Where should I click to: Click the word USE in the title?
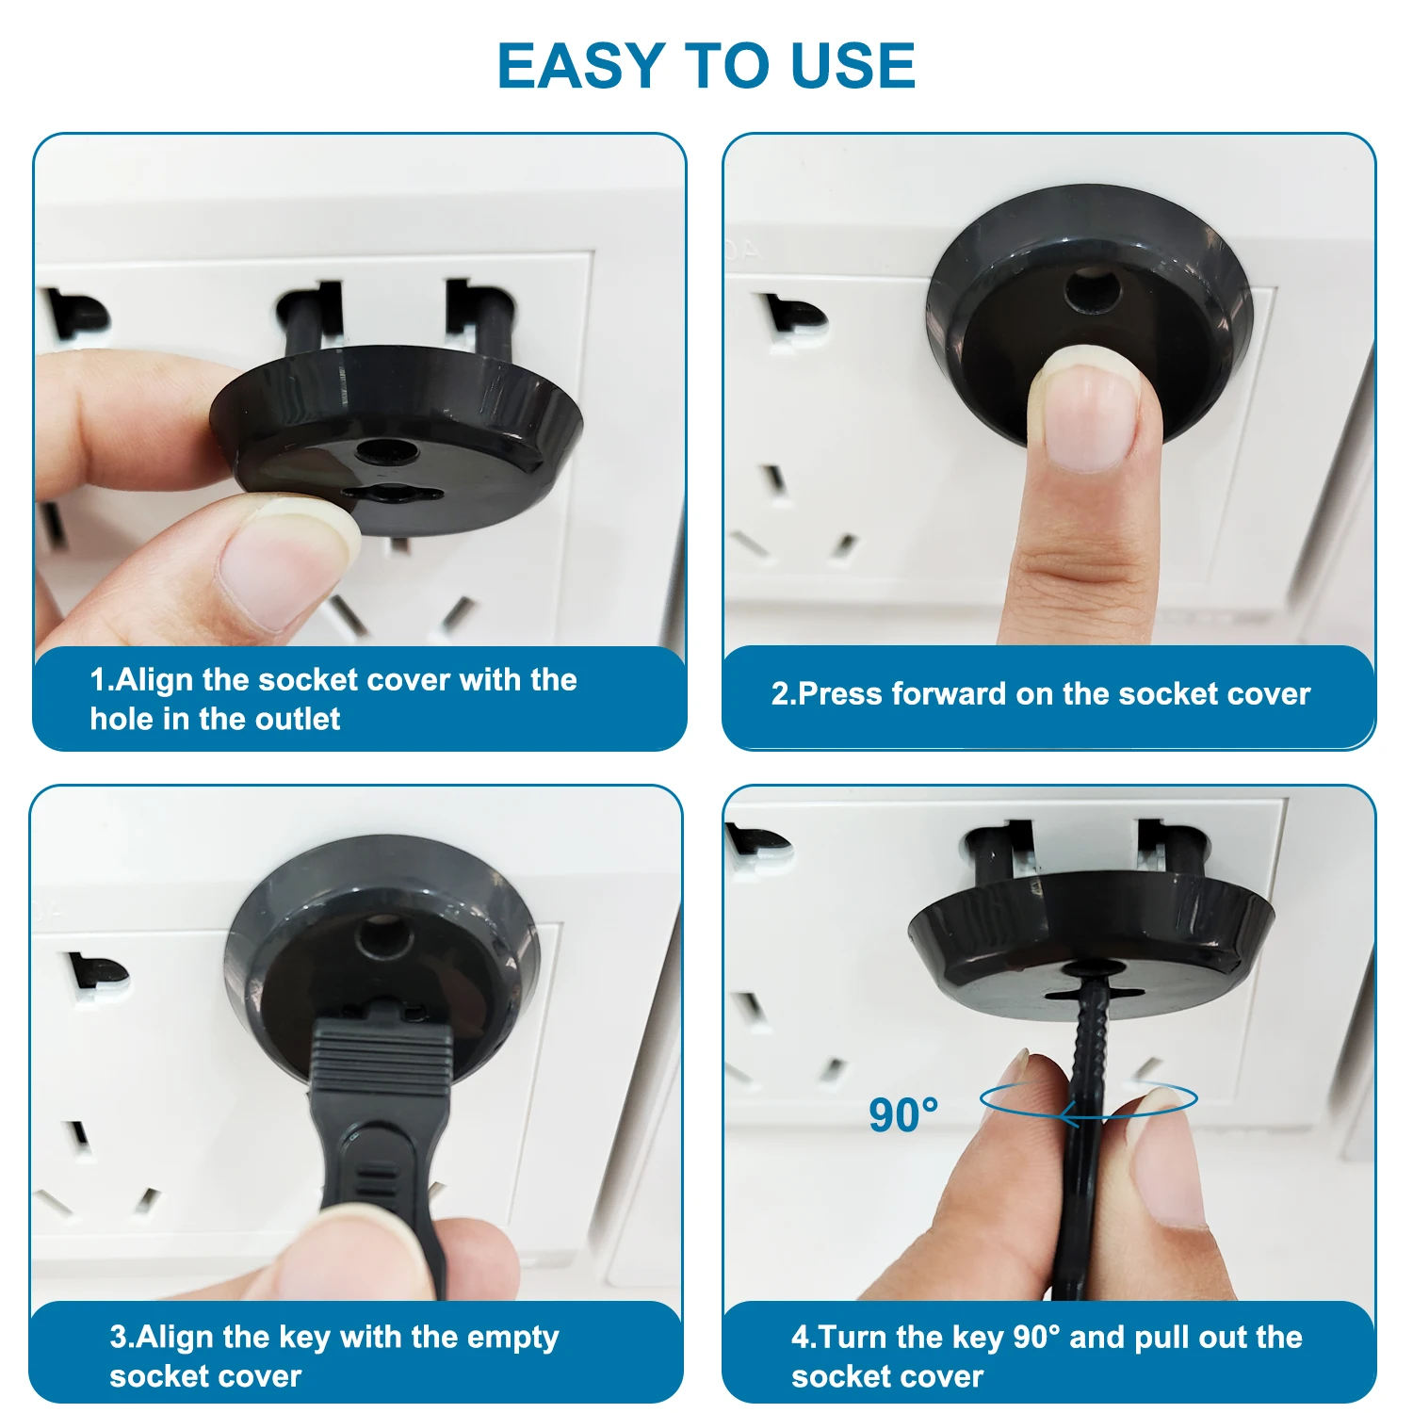coord(853,66)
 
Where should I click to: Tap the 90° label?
coord(903,1115)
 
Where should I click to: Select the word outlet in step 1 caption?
coord(298,720)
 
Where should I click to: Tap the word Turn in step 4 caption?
coord(854,1338)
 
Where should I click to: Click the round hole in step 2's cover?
coord(1093,292)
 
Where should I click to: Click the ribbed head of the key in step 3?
coord(381,1060)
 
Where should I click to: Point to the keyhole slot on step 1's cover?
coord(391,493)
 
